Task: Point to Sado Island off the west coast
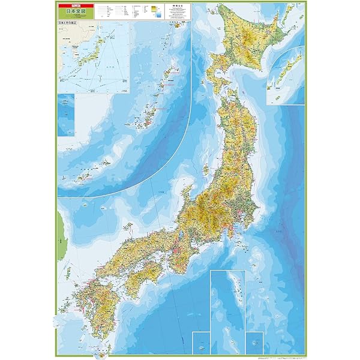pyautogui.click(x=206, y=170)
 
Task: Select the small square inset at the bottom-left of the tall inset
pyautogui.click(x=200, y=341)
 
